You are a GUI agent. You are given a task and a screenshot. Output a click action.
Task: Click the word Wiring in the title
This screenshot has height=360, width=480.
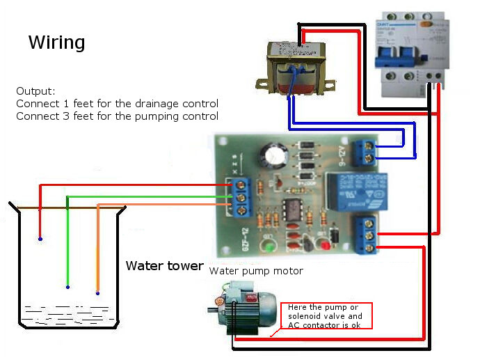(56, 42)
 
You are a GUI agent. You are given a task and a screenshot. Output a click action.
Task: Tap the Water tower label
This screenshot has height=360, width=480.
(164, 266)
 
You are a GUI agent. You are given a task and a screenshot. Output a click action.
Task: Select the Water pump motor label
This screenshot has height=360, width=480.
(256, 271)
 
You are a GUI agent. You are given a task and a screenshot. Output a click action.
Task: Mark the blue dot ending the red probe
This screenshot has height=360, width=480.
(40, 240)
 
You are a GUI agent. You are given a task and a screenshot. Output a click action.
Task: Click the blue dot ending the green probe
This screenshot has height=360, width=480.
(67, 286)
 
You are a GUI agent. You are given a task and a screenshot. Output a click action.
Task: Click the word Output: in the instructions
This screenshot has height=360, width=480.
(35, 91)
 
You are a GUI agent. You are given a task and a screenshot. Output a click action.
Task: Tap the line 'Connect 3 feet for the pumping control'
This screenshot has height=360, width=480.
(117, 116)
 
